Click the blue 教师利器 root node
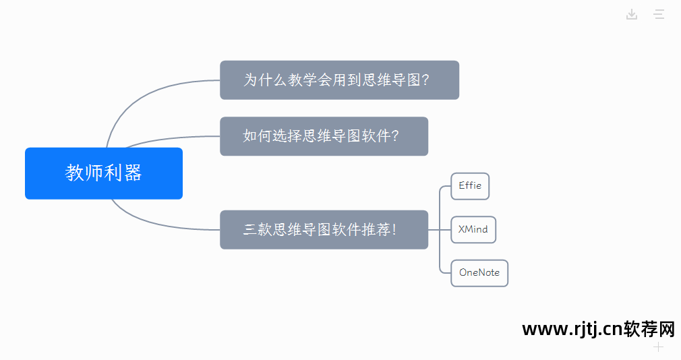tap(103, 173)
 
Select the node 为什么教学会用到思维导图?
tap(339, 80)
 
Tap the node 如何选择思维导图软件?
tap(324, 136)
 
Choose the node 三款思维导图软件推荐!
tap(324, 230)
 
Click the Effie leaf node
tap(470, 186)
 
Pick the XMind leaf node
tap(473, 229)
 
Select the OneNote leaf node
tap(479, 273)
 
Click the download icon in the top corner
tap(632, 14)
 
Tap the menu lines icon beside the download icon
tap(659, 14)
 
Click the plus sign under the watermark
tap(659, 347)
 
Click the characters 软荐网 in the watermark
tap(649, 329)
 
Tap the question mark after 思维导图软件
tap(395, 136)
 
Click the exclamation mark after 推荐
tap(394, 230)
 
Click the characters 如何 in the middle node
tap(258, 136)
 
